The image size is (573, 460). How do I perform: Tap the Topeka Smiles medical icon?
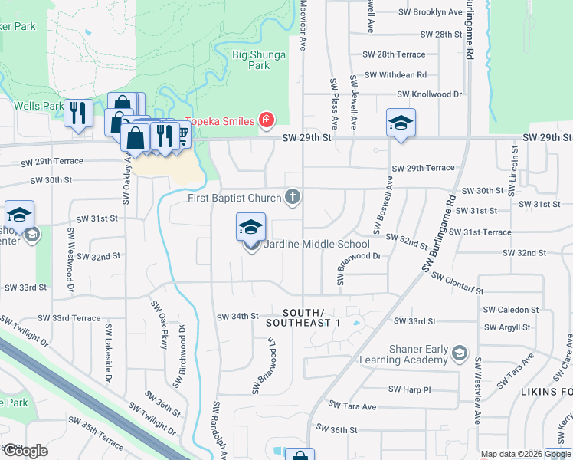(x=267, y=120)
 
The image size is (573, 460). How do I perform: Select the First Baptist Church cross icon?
(x=291, y=198)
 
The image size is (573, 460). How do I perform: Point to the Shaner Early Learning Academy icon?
(x=459, y=353)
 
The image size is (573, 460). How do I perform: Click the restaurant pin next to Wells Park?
(x=77, y=114)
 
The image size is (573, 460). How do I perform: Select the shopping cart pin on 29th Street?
(x=182, y=135)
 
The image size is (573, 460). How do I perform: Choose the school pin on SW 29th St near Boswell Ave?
(x=400, y=123)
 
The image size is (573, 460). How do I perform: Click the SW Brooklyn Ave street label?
(x=431, y=12)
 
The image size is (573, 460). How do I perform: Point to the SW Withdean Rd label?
(x=395, y=75)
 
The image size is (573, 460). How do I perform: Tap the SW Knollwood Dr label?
(x=429, y=94)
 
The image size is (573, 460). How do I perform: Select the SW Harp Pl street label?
(x=410, y=389)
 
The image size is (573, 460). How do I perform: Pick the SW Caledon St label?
(x=511, y=310)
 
